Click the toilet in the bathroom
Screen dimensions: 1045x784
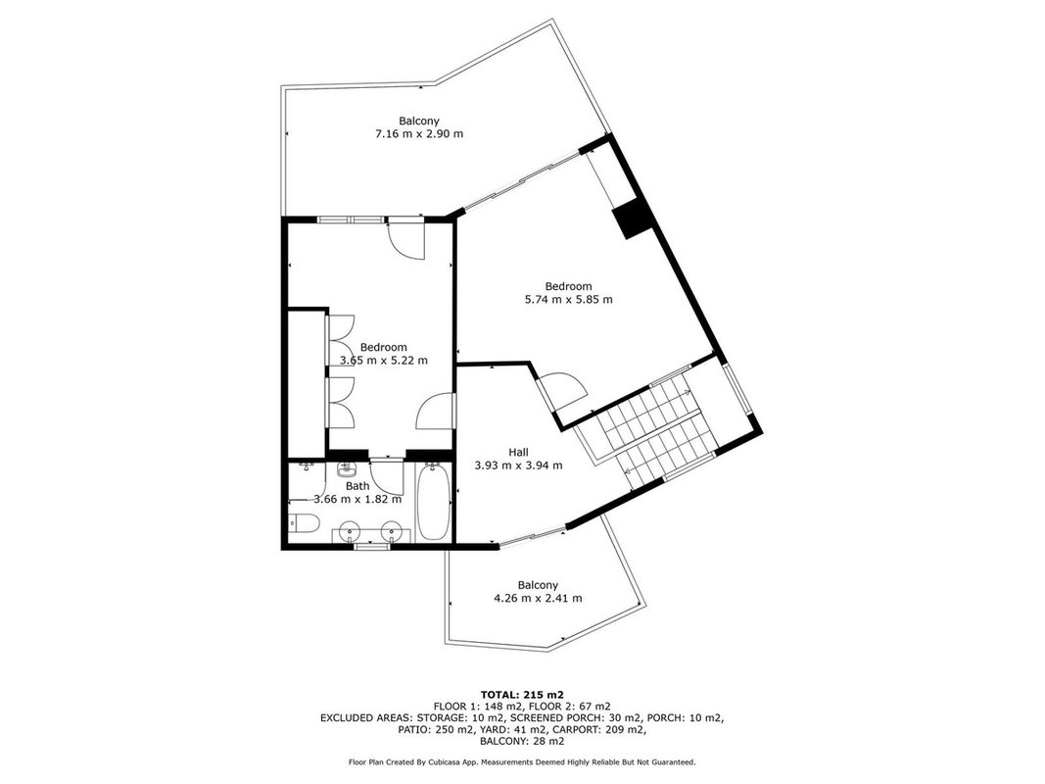click(302, 524)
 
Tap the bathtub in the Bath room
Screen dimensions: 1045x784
click(433, 502)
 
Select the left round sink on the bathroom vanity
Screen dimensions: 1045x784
click(350, 532)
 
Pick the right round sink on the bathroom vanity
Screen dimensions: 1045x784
click(391, 532)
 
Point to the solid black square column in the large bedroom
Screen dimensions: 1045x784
click(631, 220)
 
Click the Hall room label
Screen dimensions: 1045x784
click(518, 453)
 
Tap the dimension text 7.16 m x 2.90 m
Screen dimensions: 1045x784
click(419, 133)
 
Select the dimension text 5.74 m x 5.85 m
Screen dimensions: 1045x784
click(568, 299)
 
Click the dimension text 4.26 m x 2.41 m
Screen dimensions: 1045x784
click(538, 598)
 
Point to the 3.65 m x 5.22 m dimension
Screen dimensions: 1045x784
click(384, 360)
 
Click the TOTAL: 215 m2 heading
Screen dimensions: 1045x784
click(523, 695)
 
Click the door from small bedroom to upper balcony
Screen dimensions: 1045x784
click(406, 239)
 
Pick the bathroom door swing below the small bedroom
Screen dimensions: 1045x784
click(388, 477)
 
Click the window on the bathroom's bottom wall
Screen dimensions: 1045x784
click(372, 547)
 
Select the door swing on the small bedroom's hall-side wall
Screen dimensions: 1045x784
click(436, 411)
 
